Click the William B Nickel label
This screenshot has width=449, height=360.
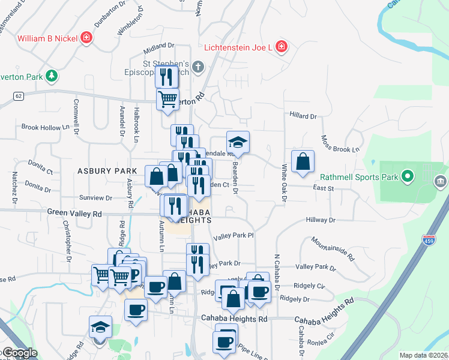point(47,38)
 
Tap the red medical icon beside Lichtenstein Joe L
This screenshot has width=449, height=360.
point(281,47)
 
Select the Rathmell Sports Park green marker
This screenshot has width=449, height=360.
point(408,177)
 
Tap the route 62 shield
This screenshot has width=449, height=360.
point(19,95)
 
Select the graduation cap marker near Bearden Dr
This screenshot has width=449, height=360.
point(238,143)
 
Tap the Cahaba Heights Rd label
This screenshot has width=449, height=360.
point(234,319)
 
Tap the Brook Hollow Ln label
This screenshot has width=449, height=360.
point(41,128)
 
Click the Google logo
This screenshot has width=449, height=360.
point(20,353)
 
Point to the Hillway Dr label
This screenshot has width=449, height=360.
point(320,220)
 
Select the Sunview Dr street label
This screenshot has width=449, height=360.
point(96,197)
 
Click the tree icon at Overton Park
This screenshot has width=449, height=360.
point(52,76)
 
